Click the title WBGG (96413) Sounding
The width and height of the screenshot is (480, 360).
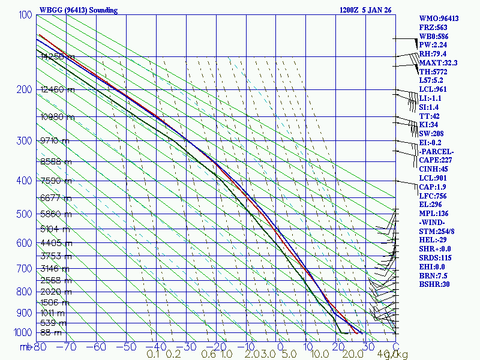coord(78,10)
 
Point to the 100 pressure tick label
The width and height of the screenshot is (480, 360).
coord(25,15)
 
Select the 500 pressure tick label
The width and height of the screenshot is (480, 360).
coord(25,214)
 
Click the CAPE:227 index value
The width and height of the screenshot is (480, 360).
coord(435,160)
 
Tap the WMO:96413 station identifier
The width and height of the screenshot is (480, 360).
coord(439,19)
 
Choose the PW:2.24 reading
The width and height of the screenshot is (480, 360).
coord(434,45)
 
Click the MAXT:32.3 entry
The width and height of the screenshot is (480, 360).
coord(438,63)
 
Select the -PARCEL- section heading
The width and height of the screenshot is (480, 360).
coord(436,151)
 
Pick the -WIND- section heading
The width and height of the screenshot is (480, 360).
coord(433,222)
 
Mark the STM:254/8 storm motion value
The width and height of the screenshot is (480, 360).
coord(437,231)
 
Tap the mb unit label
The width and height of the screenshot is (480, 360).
coord(25,347)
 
